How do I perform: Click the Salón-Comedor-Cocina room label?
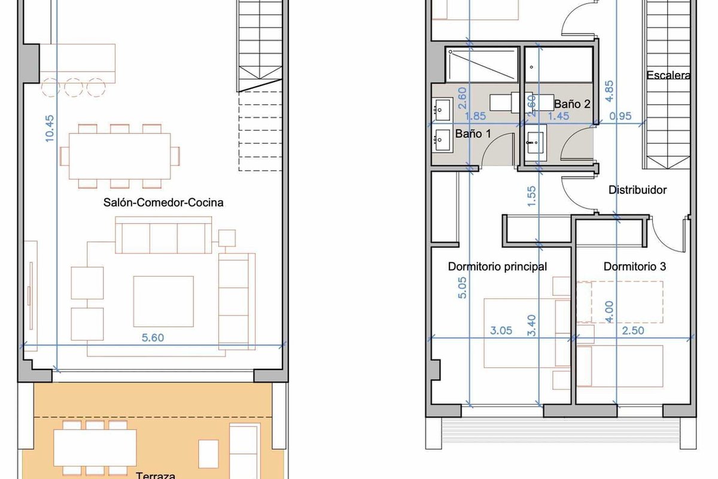point(163,202)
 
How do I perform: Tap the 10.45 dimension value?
point(50,129)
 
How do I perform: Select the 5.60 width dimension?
point(153,338)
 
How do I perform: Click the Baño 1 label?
point(473,134)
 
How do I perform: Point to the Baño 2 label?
point(572,104)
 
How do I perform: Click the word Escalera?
point(668,75)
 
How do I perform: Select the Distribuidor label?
point(638,190)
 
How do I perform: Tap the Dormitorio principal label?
point(497,266)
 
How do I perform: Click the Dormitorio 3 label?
point(635,266)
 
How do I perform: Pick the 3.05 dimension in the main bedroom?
point(501,331)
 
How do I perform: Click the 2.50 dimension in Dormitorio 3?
point(633,331)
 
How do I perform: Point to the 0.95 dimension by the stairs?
point(620,116)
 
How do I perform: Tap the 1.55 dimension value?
point(531,196)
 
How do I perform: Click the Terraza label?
point(156,475)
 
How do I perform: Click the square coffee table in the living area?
point(163,301)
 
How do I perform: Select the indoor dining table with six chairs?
point(120,156)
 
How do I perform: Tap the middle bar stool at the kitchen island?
point(74,87)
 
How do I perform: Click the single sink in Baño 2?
point(536,143)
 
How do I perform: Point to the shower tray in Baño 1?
point(482,65)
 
